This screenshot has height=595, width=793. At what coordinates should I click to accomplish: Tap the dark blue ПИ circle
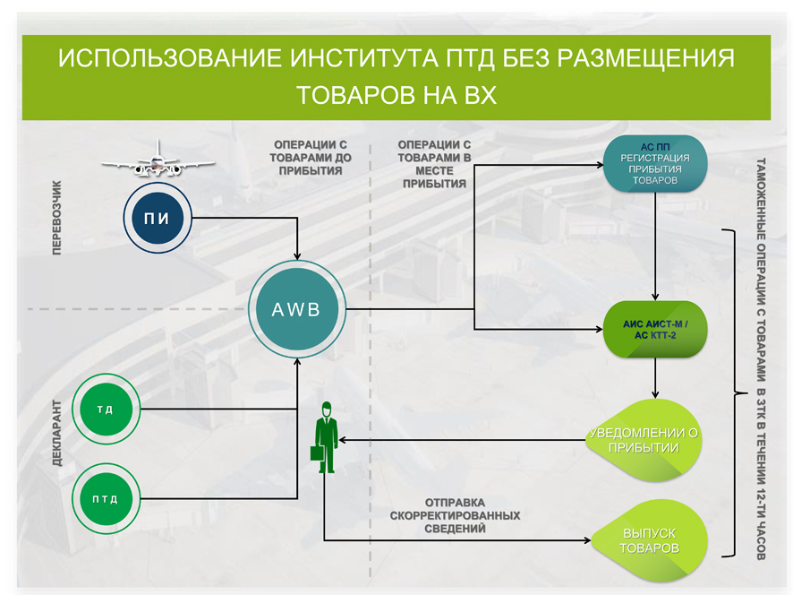click(x=158, y=218)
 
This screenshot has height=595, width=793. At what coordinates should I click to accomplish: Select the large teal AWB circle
click(x=296, y=310)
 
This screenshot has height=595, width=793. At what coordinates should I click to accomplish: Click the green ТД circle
click(x=105, y=410)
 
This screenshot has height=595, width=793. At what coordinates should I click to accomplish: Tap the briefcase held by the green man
click(x=316, y=452)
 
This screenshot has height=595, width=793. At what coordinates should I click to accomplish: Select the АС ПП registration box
click(x=655, y=164)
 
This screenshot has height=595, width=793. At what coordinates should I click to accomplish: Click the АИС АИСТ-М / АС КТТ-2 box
click(x=656, y=329)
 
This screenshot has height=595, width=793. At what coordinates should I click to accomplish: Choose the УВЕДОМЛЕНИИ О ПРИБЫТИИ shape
click(x=643, y=439)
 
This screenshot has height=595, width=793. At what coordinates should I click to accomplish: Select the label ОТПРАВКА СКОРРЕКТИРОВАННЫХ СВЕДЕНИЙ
click(x=455, y=515)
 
